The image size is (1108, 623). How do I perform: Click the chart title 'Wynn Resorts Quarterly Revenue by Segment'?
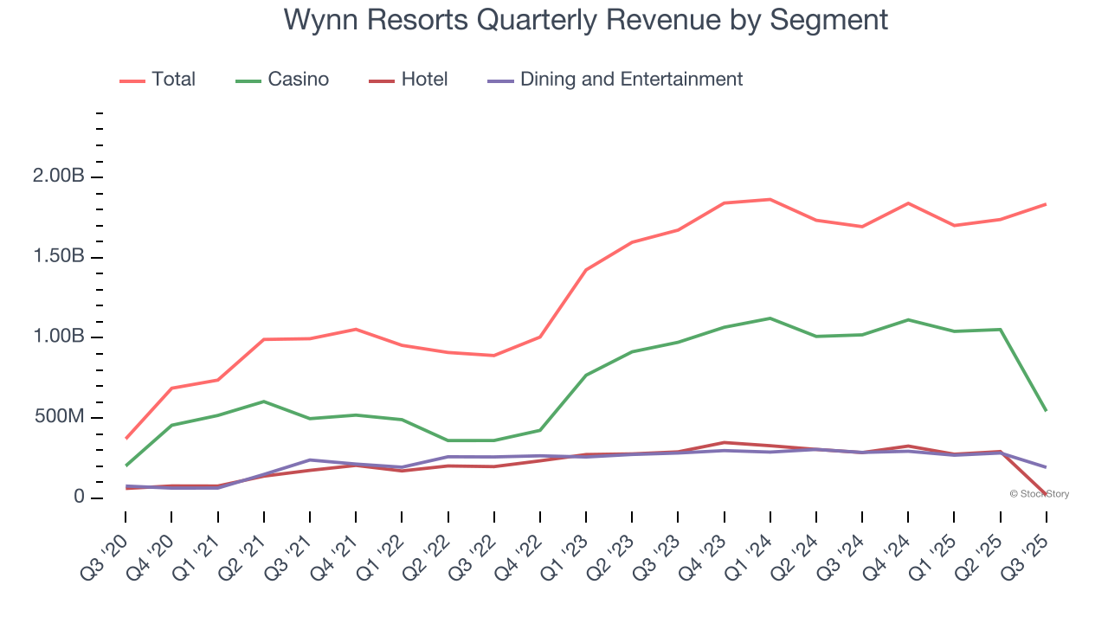[585, 20]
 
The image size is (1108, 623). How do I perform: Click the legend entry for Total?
[172, 80]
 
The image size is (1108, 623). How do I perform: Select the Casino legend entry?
[298, 80]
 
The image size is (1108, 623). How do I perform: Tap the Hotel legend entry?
[424, 80]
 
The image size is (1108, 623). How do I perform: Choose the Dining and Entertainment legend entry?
[630, 80]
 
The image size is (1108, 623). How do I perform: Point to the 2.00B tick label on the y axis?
[58, 177]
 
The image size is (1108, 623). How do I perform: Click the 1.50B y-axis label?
[58, 258]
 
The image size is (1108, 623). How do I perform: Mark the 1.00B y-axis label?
[58, 337]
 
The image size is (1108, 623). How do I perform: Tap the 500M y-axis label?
[60, 418]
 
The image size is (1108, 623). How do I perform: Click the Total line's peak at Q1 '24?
[770, 200]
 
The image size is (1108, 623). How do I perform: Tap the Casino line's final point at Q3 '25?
[1046, 410]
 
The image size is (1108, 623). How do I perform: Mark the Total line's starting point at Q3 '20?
[126, 439]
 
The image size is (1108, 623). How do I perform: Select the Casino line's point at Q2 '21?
[263, 401]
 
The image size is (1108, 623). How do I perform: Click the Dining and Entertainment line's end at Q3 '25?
[1046, 467]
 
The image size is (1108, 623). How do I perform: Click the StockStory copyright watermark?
[1039, 494]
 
